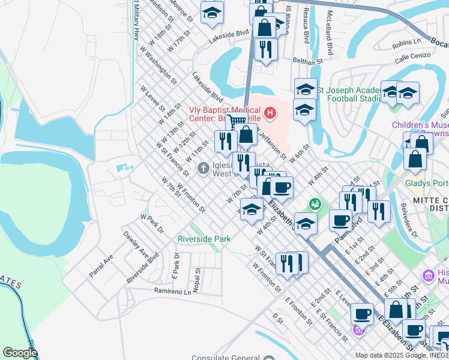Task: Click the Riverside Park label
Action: click(x=204, y=239)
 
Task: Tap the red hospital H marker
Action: click(x=270, y=112)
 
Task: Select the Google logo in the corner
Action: click(x=20, y=353)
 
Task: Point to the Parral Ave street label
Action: click(x=101, y=266)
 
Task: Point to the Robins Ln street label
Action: click(x=406, y=43)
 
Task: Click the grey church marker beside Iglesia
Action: click(x=204, y=167)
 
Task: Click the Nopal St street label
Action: click(x=197, y=277)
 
